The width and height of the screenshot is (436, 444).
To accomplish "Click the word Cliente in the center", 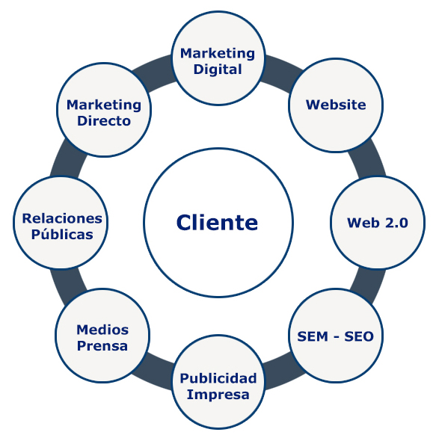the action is pyautogui.click(x=218, y=222).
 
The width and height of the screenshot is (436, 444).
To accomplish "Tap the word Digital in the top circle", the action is pyautogui.click(x=218, y=70).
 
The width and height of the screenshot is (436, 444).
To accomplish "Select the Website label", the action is pyautogui.click(x=336, y=105).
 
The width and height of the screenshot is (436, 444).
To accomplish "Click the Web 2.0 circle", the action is pyautogui.click(x=378, y=223).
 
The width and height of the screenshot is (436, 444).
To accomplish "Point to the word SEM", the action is pyautogui.click(x=313, y=336).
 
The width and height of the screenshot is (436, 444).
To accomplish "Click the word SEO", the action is pyautogui.click(x=359, y=336).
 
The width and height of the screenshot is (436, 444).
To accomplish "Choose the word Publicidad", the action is pyautogui.click(x=218, y=378).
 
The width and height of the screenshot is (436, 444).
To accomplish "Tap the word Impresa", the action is pyautogui.click(x=218, y=395).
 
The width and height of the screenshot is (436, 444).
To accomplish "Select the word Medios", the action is pyautogui.click(x=102, y=330).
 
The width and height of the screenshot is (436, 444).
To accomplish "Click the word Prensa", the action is pyautogui.click(x=102, y=346).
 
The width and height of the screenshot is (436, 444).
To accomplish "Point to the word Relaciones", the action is pyautogui.click(x=62, y=218).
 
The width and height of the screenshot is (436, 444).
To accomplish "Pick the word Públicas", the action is pyautogui.click(x=62, y=234).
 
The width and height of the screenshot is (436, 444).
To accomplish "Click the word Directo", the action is pyautogui.click(x=104, y=121).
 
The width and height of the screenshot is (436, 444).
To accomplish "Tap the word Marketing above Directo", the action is pyautogui.click(x=104, y=105).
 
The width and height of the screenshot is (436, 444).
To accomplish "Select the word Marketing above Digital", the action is pyautogui.click(x=218, y=54).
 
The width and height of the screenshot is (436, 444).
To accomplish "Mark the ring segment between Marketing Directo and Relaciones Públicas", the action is pyautogui.click(x=68, y=159).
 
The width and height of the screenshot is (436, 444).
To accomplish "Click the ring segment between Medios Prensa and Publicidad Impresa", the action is pyautogui.click(x=153, y=371).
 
